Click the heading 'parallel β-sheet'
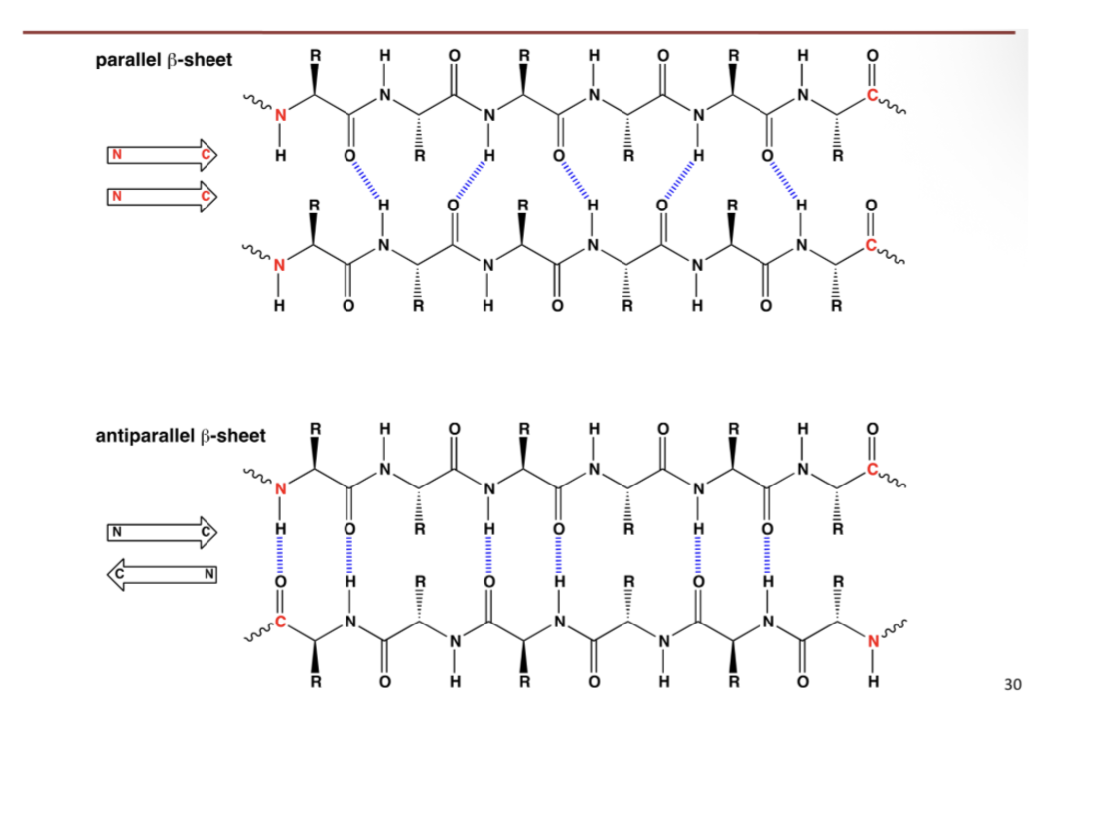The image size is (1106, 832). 164,61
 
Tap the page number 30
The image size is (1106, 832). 1013,684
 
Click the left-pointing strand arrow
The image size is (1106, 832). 164,575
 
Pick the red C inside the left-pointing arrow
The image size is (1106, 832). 118,575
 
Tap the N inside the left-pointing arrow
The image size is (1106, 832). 208,575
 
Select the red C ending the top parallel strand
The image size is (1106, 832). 871,96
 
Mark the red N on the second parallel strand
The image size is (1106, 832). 280,265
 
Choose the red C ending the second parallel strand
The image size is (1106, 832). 871,246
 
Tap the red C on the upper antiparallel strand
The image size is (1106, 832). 871,471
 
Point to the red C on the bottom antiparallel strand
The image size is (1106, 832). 280,623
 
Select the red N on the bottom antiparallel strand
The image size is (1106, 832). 872,641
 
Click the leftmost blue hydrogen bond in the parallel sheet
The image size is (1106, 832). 364,180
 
